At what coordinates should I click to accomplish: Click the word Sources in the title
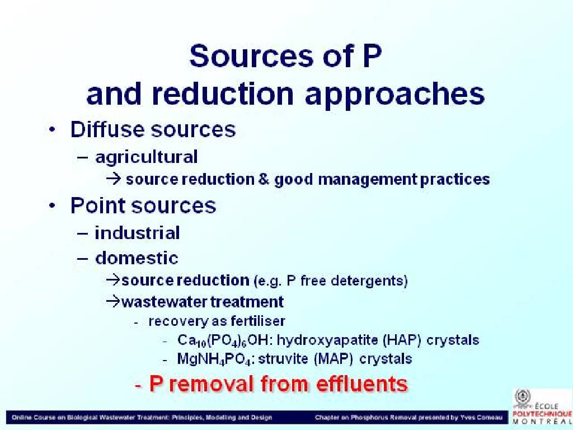pyautogui.click(x=251, y=55)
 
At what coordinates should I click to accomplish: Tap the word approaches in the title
pyautogui.click(x=394, y=95)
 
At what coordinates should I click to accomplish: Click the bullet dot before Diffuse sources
pyautogui.click(x=52, y=130)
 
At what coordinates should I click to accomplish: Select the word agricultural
pyautogui.click(x=146, y=157)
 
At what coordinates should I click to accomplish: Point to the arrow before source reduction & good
pyautogui.click(x=114, y=179)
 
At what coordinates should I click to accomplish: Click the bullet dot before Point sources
pyautogui.click(x=52, y=206)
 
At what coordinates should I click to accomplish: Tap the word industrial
pyautogui.click(x=137, y=233)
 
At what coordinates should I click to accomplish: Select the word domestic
pyautogui.click(x=137, y=258)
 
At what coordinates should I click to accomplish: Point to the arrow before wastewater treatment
pyautogui.click(x=113, y=302)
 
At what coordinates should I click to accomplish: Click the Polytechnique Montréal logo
pyautogui.click(x=542, y=407)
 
